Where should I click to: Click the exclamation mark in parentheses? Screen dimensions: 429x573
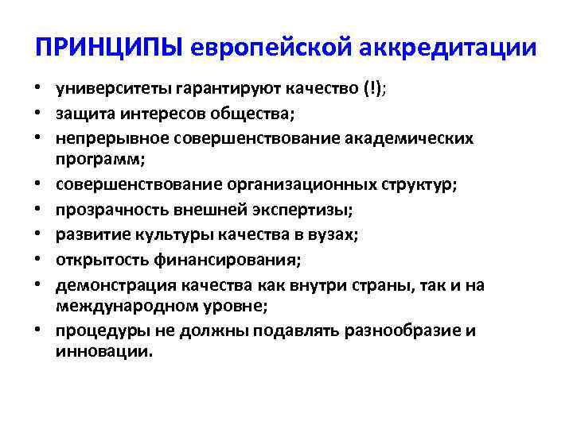click(372, 89)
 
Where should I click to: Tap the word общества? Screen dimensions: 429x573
click(257, 114)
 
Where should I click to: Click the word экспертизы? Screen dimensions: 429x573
click(306, 210)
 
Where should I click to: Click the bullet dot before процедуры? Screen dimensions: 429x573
click(38, 331)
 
